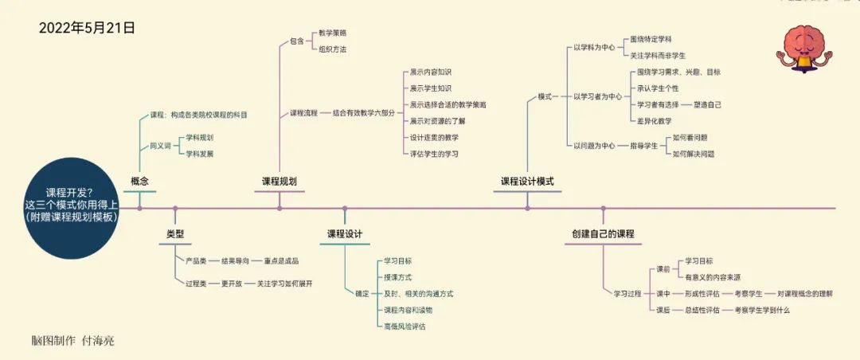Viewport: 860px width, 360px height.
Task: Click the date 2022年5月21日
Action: click(87, 28)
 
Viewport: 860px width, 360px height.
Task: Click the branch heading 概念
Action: click(139, 182)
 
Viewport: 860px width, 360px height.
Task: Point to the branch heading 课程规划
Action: click(279, 182)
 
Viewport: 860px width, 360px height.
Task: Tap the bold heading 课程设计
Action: click(345, 234)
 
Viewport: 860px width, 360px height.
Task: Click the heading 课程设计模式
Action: click(527, 182)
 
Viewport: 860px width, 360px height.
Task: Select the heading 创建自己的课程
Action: click(603, 234)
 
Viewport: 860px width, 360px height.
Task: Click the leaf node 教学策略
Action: click(332, 33)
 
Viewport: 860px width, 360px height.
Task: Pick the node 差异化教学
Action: click(654, 121)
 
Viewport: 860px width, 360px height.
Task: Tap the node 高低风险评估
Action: click(404, 326)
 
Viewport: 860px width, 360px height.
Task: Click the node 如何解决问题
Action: click(693, 154)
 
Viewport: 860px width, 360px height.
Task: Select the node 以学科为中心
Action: click(593, 48)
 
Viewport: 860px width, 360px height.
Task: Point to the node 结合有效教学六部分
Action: click(362, 113)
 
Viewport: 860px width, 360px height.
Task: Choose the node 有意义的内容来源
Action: click(713, 277)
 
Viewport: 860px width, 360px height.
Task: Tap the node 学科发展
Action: click(199, 154)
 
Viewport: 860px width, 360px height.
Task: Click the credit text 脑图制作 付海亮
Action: click(72, 341)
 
